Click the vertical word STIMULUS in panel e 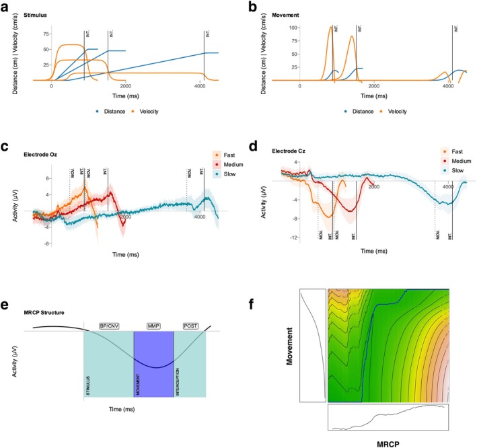pos(87,383)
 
